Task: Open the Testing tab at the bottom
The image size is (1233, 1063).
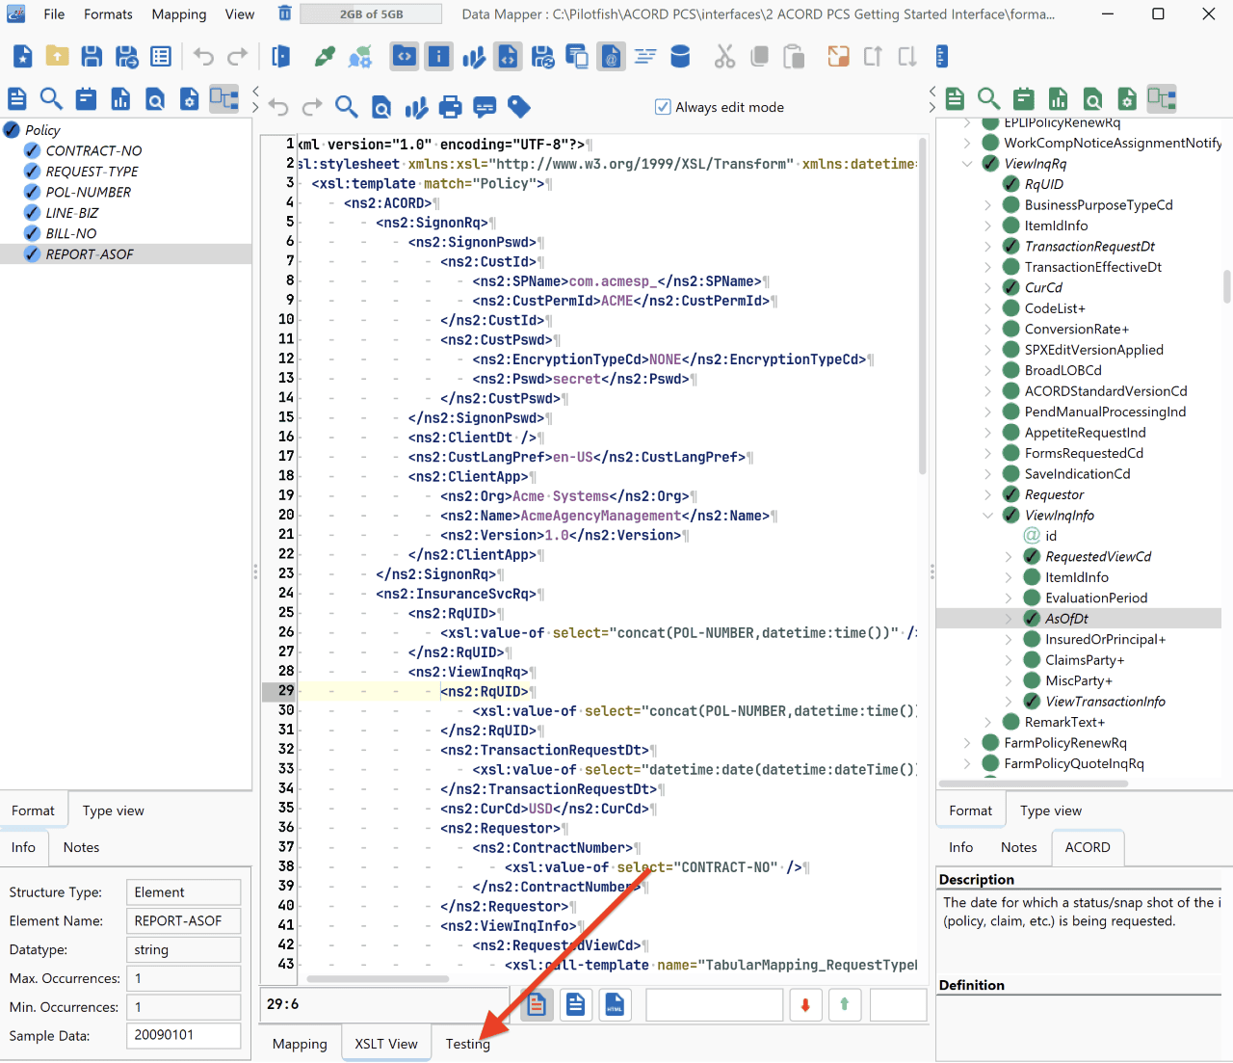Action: [x=467, y=1044]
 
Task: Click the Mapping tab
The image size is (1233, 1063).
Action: [x=300, y=1044]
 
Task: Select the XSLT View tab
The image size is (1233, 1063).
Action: [x=386, y=1044]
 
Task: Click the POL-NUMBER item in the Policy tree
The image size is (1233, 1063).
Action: [x=89, y=192]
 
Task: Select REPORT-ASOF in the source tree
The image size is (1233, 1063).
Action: [x=90, y=254]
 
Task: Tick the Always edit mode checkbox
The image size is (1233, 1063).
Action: [x=662, y=107]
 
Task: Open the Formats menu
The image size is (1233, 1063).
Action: [x=108, y=14]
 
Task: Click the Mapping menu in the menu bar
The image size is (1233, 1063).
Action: [x=179, y=14]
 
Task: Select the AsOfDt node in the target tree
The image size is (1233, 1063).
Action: [x=1066, y=619]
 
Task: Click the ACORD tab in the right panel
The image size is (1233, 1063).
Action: [x=1088, y=847]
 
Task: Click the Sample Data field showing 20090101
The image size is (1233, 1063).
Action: [x=183, y=1034]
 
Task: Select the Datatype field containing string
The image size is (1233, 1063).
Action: [x=183, y=949]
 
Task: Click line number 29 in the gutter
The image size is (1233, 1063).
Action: [x=286, y=691]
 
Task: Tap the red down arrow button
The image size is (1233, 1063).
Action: [x=805, y=1004]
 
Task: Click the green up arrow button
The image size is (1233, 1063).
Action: [x=844, y=1004]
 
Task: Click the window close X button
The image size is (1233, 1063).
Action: [x=1209, y=13]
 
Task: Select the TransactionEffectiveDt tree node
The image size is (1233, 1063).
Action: [x=1092, y=267]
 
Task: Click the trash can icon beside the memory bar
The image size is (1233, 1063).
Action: [x=285, y=13]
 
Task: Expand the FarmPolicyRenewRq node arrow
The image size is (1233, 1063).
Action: [x=967, y=743]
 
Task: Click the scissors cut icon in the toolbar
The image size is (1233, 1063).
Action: [x=724, y=57]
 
